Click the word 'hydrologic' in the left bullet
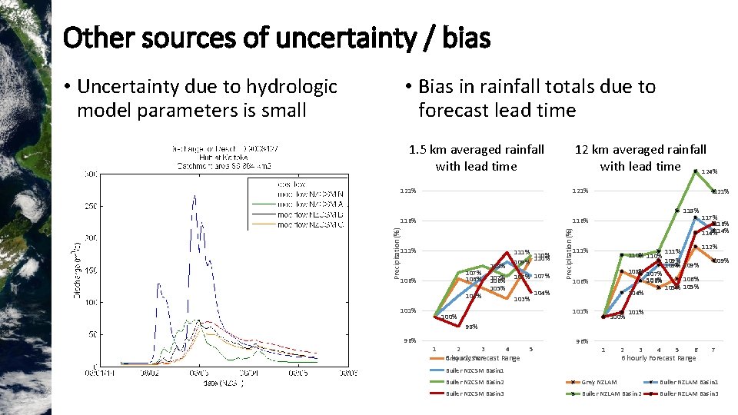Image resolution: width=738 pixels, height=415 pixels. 288,87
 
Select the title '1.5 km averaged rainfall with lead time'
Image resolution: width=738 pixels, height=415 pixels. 476,158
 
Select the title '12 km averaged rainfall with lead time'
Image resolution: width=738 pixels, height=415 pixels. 641,158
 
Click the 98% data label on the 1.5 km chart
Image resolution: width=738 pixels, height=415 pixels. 472,327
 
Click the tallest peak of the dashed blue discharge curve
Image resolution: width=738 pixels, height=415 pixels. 194,196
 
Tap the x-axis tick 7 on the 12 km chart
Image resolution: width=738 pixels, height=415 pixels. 713,350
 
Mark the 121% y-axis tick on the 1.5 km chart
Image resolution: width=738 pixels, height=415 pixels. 408,191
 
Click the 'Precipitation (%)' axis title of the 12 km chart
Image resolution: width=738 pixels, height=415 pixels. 568,250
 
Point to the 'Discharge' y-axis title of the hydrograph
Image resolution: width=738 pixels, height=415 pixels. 76,269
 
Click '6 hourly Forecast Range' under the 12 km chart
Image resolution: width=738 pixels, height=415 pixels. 658,358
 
